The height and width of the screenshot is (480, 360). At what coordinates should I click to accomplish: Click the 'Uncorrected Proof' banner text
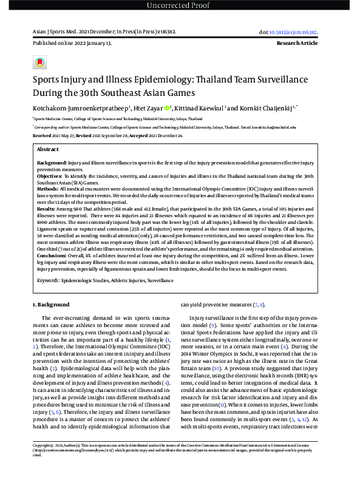pyautogui.click(x=180, y=6)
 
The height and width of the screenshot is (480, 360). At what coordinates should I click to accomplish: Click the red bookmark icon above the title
pyautogui.click(x=39, y=62)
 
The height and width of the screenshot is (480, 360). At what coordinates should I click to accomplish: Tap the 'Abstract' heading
pyautogui.click(x=48, y=149)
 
